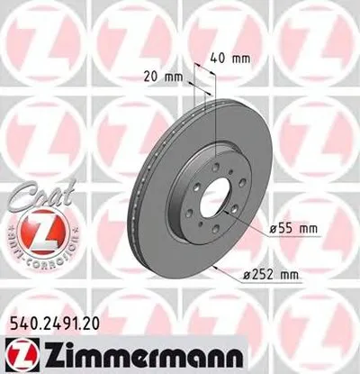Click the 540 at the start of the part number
(x=22, y=317)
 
